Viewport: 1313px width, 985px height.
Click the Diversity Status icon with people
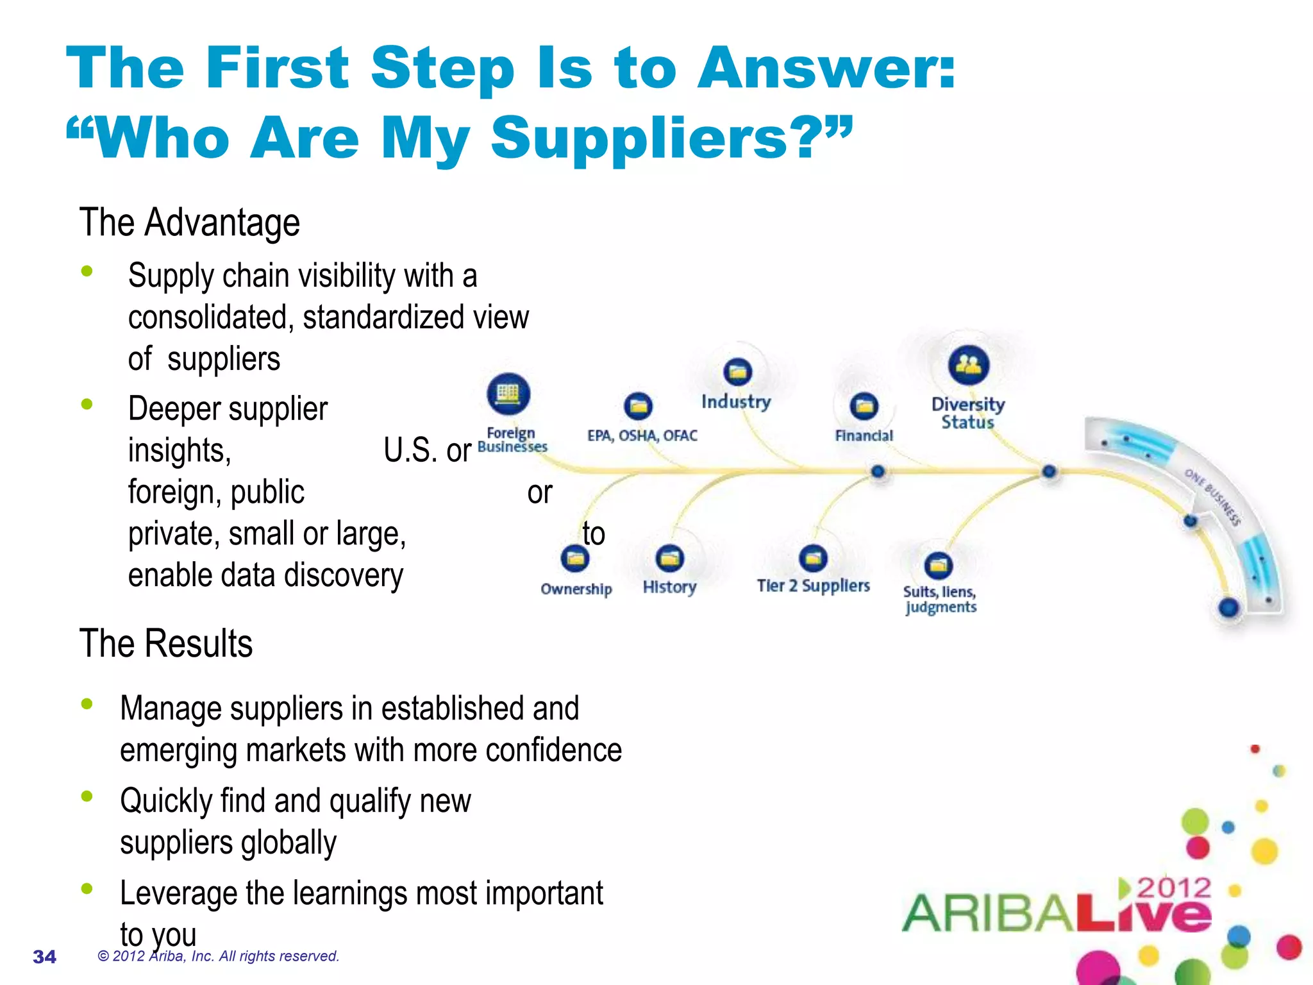(968, 365)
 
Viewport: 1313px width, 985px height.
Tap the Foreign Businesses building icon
(508, 393)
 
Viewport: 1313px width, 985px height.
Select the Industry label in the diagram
(735, 401)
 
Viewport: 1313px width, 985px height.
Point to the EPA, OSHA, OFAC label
(642, 435)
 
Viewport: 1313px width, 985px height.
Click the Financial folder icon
(864, 406)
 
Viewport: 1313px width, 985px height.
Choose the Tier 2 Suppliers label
(813, 585)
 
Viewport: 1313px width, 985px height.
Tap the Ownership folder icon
(575, 559)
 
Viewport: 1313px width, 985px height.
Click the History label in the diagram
(669, 587)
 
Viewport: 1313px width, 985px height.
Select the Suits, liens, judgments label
(940, 599)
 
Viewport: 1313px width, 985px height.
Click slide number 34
(44, 957)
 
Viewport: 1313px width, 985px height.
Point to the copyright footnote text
(218, 956)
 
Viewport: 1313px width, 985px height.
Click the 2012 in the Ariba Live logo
(1174, 888)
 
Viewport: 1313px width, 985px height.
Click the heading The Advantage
(189, 223)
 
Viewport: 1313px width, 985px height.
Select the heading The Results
(165, 643)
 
